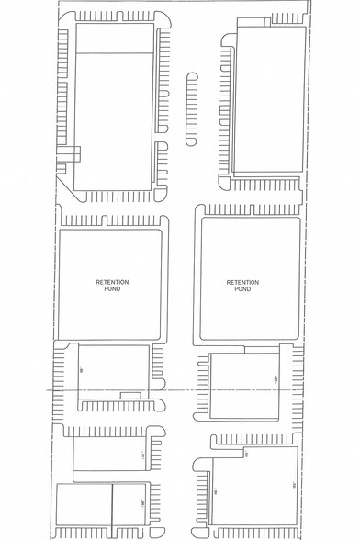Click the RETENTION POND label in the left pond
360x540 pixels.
point(114,285)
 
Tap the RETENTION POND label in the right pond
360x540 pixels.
point(242,285)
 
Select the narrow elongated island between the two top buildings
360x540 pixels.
point(191,109)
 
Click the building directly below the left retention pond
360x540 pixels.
point(114,372)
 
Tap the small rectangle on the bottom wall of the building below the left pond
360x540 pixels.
point(131,395)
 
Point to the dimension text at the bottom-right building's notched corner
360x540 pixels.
point(247,453)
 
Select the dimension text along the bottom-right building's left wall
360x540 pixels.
point(215,492)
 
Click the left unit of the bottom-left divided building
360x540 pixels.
point(84,511)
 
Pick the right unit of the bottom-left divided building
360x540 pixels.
point(129,511)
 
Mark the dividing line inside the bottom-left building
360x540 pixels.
point(112,511)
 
